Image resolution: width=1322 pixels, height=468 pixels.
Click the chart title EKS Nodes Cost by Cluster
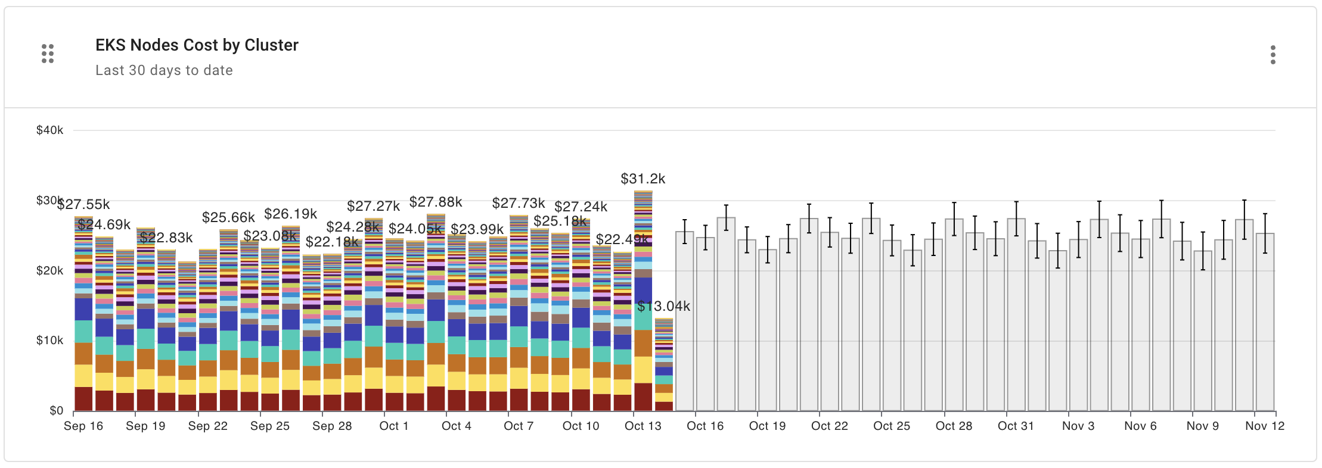(197, 45)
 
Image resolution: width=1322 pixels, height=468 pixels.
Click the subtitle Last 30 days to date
(164, 70)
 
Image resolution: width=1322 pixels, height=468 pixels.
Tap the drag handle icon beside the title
(48, 54)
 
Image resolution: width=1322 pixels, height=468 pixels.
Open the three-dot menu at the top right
(1273, 55)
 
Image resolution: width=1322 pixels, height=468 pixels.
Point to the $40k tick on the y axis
(49, 130)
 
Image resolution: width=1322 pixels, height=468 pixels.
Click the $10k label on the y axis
(49, 341)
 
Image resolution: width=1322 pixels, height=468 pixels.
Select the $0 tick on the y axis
(56, 410)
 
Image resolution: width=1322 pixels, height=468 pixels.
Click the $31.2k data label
(643, 179)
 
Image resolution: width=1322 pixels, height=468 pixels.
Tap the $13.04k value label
(663, 306)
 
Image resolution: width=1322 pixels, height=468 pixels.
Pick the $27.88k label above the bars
(436, 202)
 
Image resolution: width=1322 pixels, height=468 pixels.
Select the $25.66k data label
(228, 217)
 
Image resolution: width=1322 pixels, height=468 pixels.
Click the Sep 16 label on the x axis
(83, 426)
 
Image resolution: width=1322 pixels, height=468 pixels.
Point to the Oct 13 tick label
(643, 426)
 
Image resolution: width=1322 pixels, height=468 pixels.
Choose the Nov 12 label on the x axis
(1265, 426)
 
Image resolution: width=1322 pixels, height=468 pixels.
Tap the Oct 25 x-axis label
(892, 426)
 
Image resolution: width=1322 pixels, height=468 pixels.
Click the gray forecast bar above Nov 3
(1078, 327)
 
